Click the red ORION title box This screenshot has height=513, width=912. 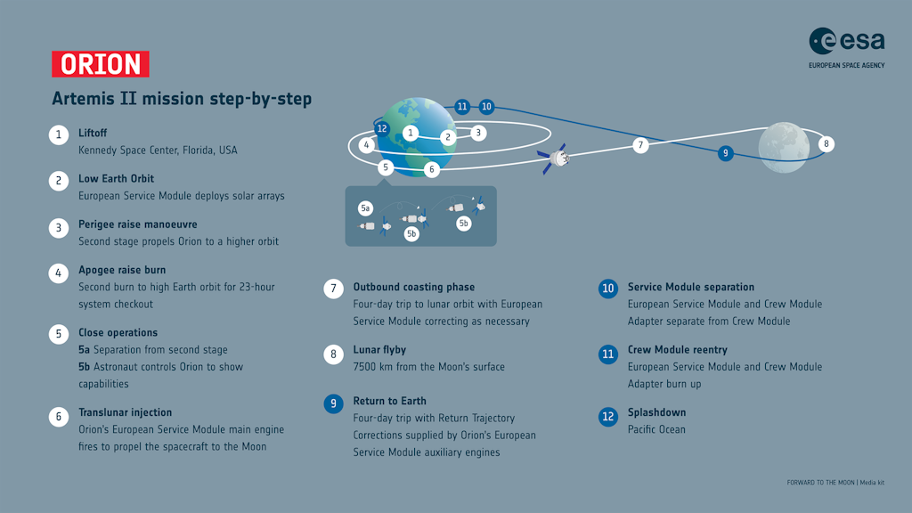pyautogui.click(x=101, y=64)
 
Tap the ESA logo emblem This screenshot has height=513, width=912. pyautogui.click(x=822, y=41)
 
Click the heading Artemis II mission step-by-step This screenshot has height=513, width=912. pyautogui.click(x=182, y=99)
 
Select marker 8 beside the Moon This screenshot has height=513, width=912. pyautogui.click(x=826, y=144)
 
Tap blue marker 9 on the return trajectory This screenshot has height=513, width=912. pyautogui.click(x=726, y=153)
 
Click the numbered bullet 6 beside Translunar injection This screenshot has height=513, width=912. pyautogui.click(x=58, y=416)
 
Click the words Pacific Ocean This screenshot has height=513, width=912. pyautogui.click(x=656, y=429)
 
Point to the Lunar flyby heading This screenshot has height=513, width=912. pyautogui.click(x=379, y=350)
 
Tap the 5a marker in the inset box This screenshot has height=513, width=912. pyautogui.click(x=365, y=208)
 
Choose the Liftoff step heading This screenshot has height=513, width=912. pyautogui.click(x=93, y=133)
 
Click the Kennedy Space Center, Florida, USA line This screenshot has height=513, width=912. pyautogui.click(x=158, y=150)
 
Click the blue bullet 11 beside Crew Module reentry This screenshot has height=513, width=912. pyautogui.click(x=608, y=354)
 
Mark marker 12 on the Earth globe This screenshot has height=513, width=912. pyautogui.click(x=382, y=128)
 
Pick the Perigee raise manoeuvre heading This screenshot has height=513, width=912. pyautogui.click(x=137, y=224)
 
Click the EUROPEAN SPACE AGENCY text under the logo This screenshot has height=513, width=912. pyautogui.click(x=846, y=65)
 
